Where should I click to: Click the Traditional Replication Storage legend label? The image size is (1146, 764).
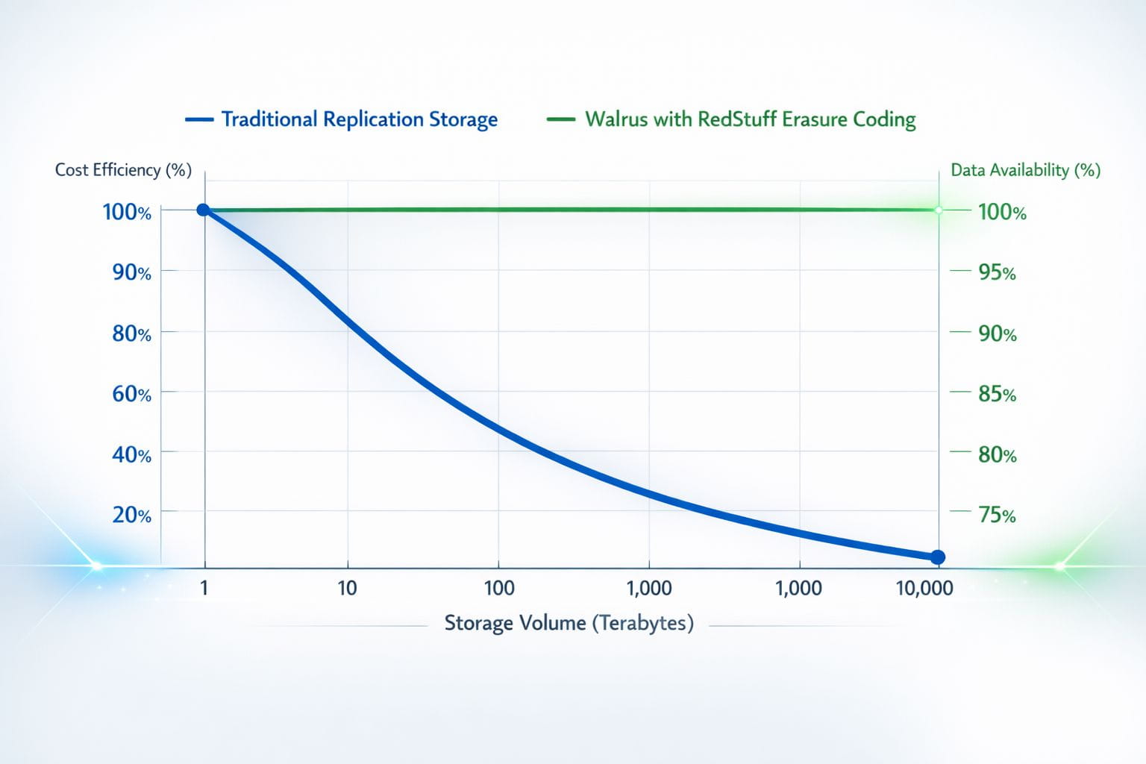(359, 119)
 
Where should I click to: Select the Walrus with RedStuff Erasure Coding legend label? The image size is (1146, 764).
(750, 119)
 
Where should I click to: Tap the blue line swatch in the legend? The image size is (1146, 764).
(199, 119)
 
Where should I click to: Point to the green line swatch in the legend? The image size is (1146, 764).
(560, 119)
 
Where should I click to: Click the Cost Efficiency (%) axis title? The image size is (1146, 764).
(123, 170)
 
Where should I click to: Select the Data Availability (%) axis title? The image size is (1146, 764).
(1025, 170)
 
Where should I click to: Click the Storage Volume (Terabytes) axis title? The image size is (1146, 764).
(569, 623)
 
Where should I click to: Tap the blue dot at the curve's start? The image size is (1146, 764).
(203, 210)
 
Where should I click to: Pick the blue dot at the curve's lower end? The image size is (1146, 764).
(938, 557)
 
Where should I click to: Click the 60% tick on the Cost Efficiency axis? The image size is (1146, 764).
(131, 393)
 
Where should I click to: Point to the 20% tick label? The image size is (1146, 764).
(131, 515)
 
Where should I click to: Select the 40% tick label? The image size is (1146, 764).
(131, 454)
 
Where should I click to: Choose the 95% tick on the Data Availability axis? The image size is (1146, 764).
(997, 272)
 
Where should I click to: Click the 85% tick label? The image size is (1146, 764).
(997, 394)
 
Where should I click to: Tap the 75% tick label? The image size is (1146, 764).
(997, 515)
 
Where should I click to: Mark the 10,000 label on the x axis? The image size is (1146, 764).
(924, 588)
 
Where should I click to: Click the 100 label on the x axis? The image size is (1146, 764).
(498, 588)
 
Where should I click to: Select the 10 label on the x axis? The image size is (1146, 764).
(347, 588)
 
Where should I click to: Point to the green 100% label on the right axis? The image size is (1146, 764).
(1002, 212)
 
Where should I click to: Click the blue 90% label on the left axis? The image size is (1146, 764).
(131, 272)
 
